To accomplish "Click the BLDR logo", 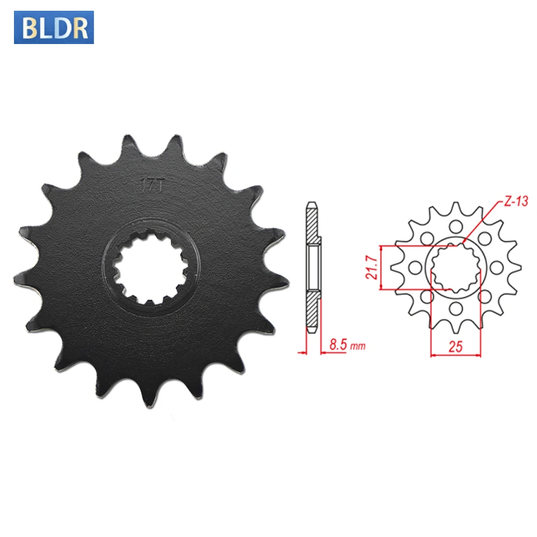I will click(x=54, y=28).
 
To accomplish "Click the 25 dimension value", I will click(x=455, y=346).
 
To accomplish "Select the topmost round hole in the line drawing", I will click(x=455, y=225).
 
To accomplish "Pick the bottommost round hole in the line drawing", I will click(x=455, y=308).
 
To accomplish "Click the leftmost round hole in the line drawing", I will click(x=414, y=266).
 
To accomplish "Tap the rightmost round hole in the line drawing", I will click(x=497, y=266).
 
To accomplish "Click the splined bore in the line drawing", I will click(x=455, y=266).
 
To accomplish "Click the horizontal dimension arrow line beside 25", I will click(x=455, y=354).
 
